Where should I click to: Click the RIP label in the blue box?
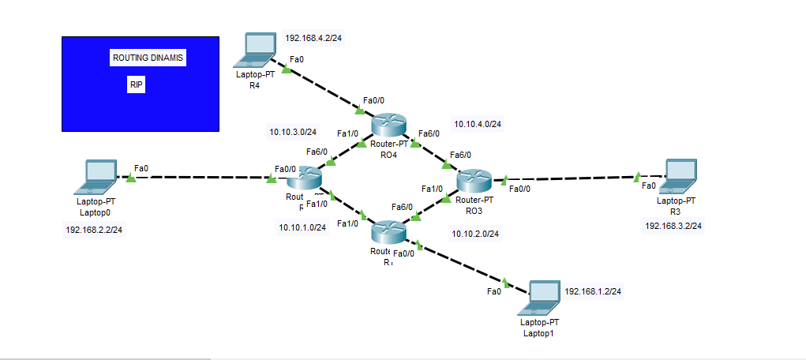137,85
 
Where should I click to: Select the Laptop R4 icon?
257,51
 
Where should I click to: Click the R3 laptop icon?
679,176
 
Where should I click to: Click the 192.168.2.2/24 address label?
99,230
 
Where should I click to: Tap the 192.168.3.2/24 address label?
673,225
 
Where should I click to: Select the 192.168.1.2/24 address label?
593,291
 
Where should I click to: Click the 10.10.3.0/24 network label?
293,132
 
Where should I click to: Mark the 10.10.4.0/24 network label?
478,124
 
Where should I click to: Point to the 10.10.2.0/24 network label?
475,234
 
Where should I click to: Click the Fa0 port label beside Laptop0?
141,167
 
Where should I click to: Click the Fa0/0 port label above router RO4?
373,100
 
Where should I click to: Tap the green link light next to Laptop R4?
285,70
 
